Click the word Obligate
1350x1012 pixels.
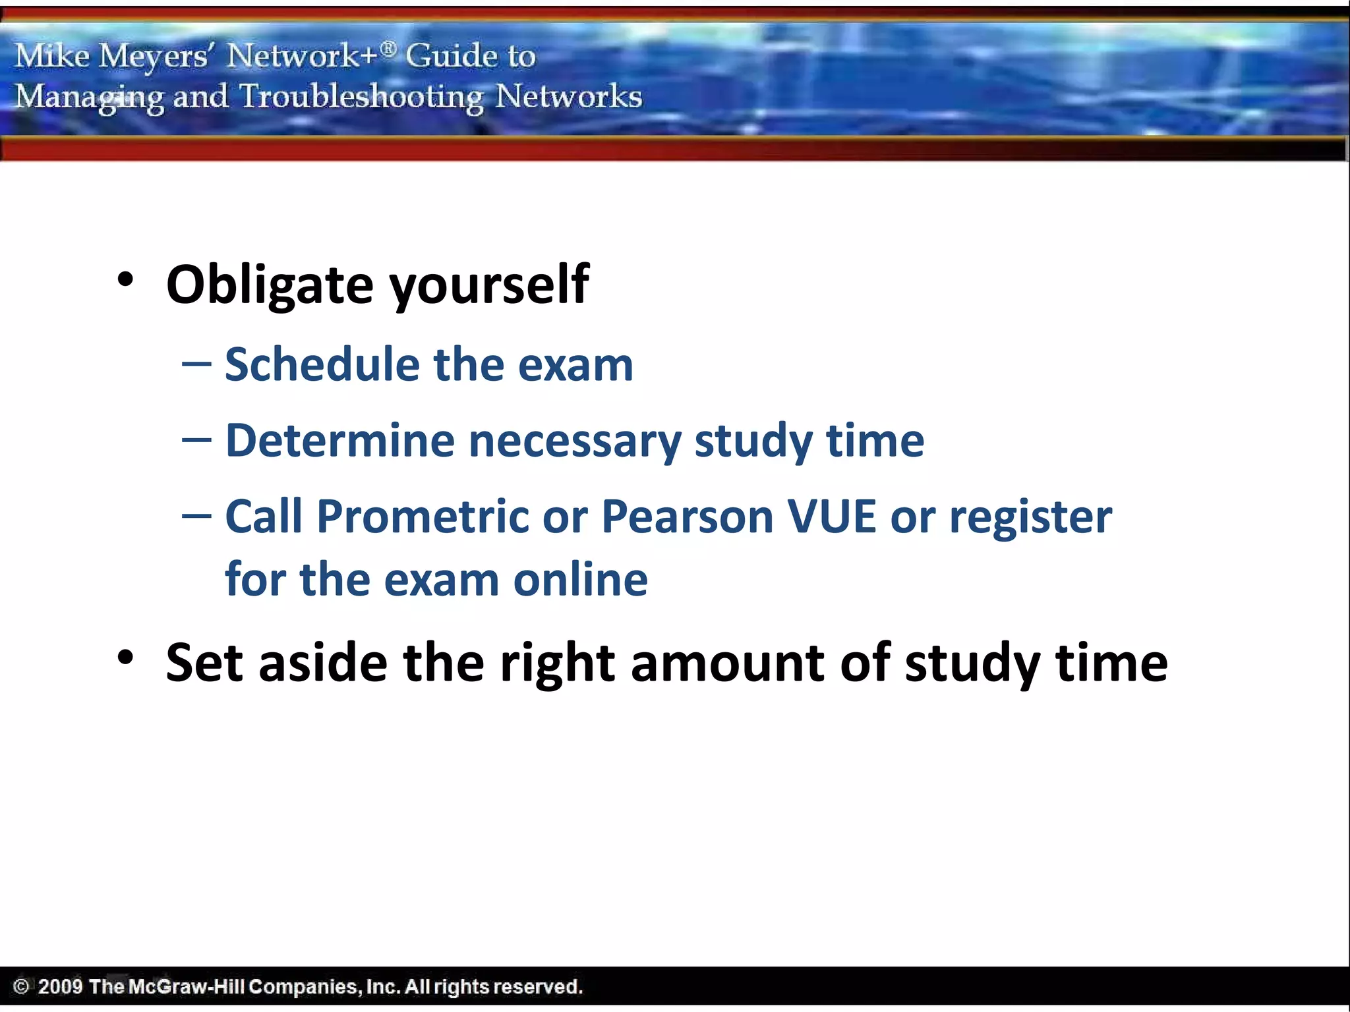(x=270, y=285)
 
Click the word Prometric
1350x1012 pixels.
(x=423, y=517)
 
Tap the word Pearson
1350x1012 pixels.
(x=688, y=517)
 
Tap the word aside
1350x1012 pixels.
(x=323, y=663)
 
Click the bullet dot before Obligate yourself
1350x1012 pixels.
(x=125, y=280)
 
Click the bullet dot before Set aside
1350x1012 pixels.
(x=125, y=658)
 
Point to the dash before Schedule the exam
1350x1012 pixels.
(x=196, y=364)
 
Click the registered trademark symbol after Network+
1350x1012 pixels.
(x=389, y=47)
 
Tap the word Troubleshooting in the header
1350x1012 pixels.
(x=361, y=98)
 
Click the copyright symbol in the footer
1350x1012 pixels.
(x=21, y=986)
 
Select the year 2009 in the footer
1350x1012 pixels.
(x=60, y=986)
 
